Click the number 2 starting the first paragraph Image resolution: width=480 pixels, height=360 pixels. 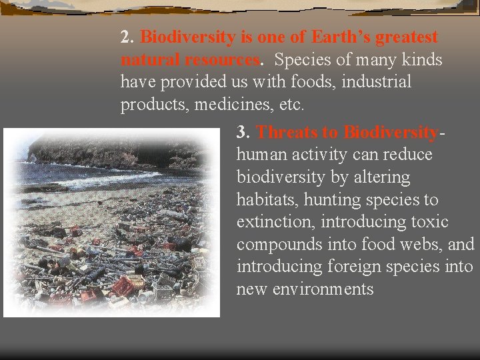[125, 37]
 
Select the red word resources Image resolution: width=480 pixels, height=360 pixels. [222, 60]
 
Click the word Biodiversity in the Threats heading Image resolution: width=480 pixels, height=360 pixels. [391, 132]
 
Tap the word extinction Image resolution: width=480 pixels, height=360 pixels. [269, 222]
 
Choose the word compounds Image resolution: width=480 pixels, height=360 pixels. [279, 245]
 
